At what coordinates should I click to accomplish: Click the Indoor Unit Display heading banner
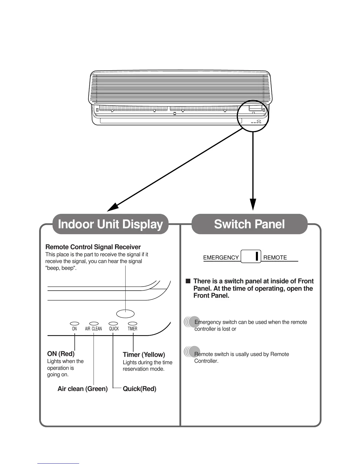coord(110,224)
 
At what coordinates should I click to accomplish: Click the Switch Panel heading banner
coord(249,224)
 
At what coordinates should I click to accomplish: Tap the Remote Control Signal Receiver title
coord(93,247)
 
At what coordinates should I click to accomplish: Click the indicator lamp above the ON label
coord(74,324)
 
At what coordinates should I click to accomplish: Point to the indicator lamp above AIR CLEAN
coord(94,324)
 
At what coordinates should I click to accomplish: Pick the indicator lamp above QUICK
coord(113,324)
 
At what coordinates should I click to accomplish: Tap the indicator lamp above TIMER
coord(133,324)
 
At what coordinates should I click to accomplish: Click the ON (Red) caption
coord(61,354)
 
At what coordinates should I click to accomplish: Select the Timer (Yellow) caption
coord(144,355)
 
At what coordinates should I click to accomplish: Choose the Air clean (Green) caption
coord(83,389)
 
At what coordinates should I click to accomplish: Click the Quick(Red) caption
coord(139,389)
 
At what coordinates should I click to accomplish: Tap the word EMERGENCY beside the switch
coord(221,258)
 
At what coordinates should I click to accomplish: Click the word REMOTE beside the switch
coord(275,258)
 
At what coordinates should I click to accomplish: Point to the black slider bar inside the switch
coord(257,256)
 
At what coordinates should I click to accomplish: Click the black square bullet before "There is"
coord(188,281)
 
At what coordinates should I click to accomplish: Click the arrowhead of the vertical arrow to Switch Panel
coord(253,204)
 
